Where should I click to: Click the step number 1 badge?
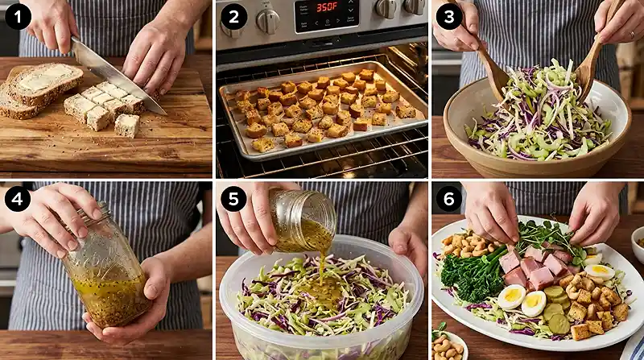pyautogui.click(x=18, y=17)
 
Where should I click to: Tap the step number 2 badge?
pyautogui.click(x=233, y=17)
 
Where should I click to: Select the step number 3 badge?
pyautogui.click(x=449, y=17)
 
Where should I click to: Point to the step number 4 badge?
pyautogui.click(x=18, y=199)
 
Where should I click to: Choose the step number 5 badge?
pyautogui.click(x=233, y=199)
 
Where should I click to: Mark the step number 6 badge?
pyautogui.click(x=449, y=199)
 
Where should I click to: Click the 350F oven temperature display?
pyautogui.click(x=328, y=8)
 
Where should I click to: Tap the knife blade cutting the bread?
pyautogui.click(x=115, y=75)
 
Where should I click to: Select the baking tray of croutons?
pyautogui.click(x=324, y=110)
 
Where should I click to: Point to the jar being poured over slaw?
pyautogui.click(x=303, y=219)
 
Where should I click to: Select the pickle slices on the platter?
pyautogui.click(x=556, y=308)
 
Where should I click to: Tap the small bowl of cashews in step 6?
pyautogui.click(x=448, y=346)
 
